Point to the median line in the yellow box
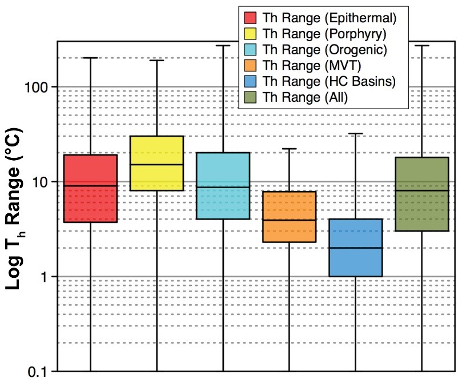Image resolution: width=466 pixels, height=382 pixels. [156, 165]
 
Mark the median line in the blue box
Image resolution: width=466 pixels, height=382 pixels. [355, 248]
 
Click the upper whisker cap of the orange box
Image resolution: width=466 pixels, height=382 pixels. [289, 149]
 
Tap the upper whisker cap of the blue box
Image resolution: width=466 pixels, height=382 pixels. [355, 133]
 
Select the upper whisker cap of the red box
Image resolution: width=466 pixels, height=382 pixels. [90, 58]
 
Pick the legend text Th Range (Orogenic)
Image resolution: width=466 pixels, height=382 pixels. [324, 49]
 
